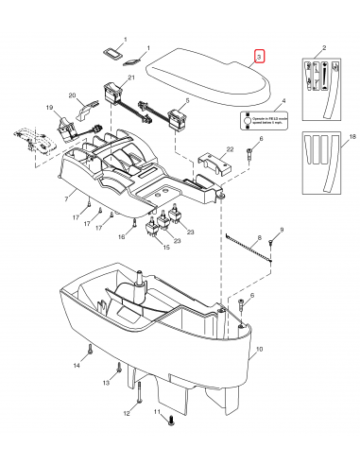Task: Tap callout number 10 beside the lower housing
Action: tap(259, 349)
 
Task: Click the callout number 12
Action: tap(125, 413)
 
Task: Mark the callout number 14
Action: tap(76, 364)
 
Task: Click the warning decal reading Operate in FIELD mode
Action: tap(260, 121)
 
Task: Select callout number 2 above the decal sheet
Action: tap(323, 46)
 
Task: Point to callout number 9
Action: tap(281, 231)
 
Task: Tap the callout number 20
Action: tap(72, 95)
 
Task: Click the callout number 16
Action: tap(121, 236)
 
